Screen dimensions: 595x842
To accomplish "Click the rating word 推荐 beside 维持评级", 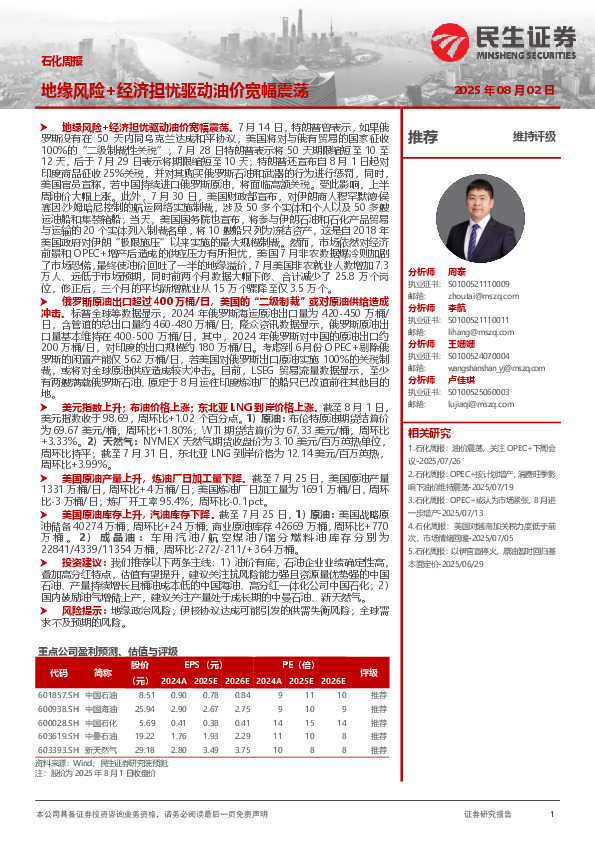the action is [x=423, y=136].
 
